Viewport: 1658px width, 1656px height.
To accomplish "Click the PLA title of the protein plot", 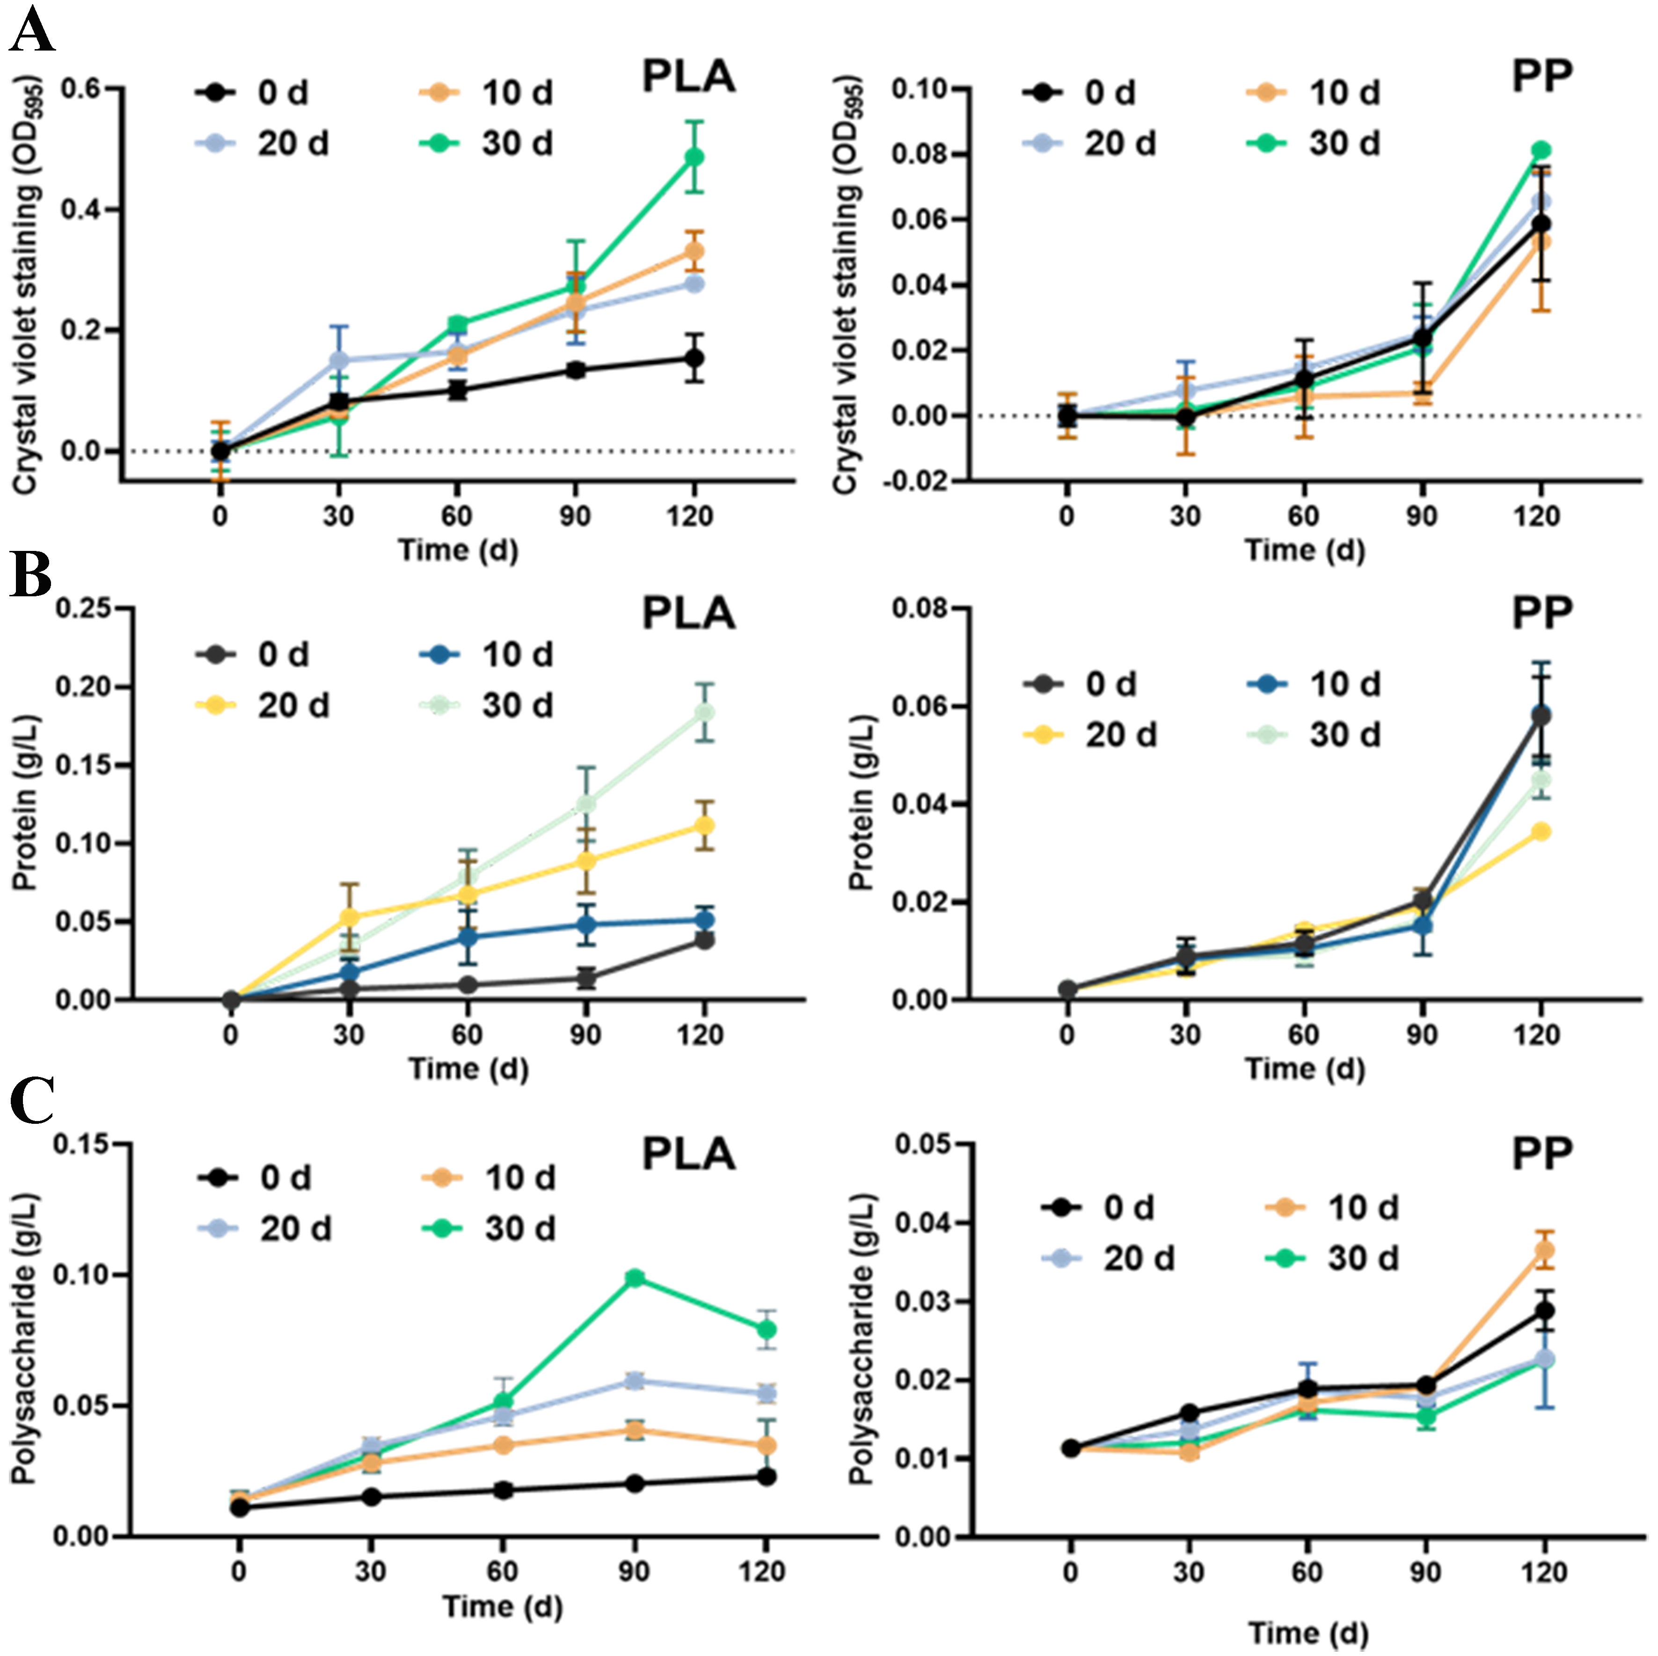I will [x=688, y=614].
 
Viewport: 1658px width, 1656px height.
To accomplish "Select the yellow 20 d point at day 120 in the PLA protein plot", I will [x=704, y=826].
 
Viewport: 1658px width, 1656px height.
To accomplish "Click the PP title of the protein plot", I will [x=1541, y=614].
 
